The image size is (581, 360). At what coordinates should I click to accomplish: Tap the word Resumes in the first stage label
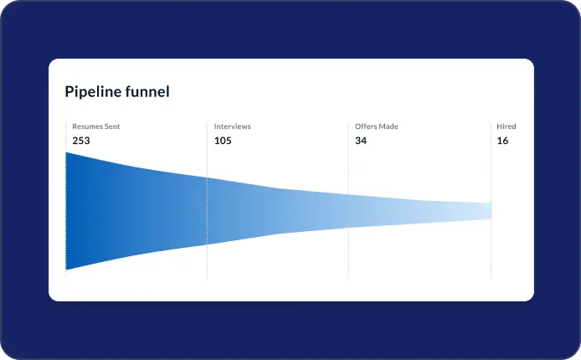(x=87, y=126)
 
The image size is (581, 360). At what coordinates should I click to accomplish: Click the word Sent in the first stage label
(x=112, y=126)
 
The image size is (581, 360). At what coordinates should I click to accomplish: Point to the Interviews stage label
(x=233, y=126)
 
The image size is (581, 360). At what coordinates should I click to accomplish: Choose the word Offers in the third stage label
(x=365, y=126)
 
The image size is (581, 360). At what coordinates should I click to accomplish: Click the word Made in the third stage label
(x=388, y=126)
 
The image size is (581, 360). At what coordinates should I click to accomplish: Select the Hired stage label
(x=506, y=126)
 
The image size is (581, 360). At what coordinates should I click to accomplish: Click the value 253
(x=81, y=141)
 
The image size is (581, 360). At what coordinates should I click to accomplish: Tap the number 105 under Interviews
(x=223, y=141)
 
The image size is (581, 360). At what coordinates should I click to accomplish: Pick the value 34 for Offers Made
(x=361, y=141)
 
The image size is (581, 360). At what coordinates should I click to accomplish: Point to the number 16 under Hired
(x=502, y=141)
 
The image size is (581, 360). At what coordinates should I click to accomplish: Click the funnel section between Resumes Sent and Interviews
(x=136, y=211)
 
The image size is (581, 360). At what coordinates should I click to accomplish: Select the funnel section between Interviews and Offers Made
(x=278, y=211)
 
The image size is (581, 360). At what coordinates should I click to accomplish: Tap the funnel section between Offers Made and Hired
(x=419, y=211)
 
